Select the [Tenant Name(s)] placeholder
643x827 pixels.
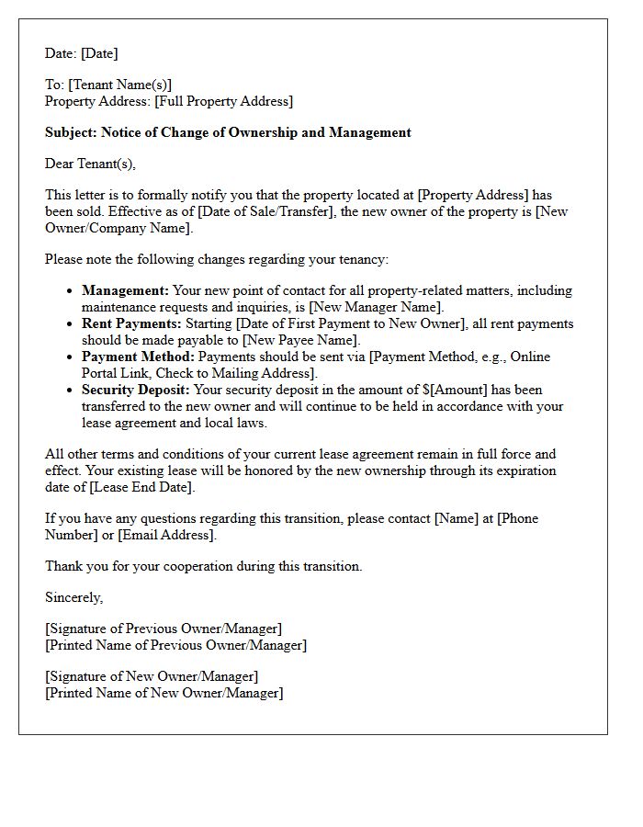(119, 85)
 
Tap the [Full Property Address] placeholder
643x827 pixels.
(224, 101)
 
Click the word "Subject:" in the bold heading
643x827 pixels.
(72, 132)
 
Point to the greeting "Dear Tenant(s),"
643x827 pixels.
(90, 164)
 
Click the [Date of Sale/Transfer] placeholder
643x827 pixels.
(270, 211)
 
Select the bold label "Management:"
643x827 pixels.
(125, 290)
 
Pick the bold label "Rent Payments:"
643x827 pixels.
(132, 323)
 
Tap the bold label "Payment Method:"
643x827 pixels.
(138, 357)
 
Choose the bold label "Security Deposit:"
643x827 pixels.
(136, 390)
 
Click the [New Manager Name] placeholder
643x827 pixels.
(378, 307)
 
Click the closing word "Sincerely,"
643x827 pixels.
(74, 597)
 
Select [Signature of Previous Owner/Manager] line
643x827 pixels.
(164, 629)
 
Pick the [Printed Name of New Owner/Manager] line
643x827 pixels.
(164, 693)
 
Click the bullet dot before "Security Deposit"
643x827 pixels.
(71, 391)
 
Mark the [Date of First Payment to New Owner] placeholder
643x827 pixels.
(353, 323)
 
